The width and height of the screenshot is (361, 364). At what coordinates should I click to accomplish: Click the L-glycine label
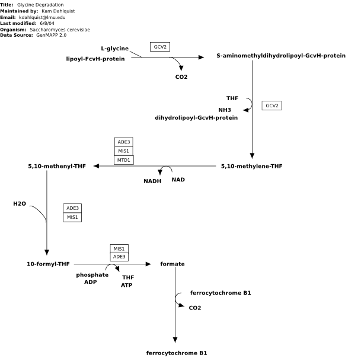point(114,49)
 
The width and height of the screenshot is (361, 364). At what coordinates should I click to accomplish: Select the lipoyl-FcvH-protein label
point(95,59)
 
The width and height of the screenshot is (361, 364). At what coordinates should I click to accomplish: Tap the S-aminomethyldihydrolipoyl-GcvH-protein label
point(281,56)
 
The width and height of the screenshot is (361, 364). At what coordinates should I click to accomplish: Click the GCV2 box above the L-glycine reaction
point(160,47)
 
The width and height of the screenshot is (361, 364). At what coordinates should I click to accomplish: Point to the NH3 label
point(225,110)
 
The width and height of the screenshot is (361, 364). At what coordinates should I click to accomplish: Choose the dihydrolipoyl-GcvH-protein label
point(196,118)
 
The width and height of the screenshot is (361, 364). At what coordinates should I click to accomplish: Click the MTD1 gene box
point(124,160)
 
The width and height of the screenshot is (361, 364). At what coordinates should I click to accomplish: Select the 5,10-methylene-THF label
point(252,166)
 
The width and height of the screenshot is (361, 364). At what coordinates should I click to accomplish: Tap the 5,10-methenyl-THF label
point(57,166)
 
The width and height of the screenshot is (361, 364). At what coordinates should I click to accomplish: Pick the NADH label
point(152,181)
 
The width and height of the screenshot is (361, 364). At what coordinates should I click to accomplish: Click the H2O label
point(20,204)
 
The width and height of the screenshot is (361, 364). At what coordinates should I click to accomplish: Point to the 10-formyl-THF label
point(48,264)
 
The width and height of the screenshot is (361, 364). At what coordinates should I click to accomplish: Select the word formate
point(172,264)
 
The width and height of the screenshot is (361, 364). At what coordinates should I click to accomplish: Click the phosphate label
point(92,275)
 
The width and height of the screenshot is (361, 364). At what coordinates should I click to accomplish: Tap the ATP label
point(126,285)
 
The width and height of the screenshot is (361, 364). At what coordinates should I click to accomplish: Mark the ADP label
point(91,282)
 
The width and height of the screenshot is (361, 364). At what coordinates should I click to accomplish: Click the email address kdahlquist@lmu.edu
point(42,17)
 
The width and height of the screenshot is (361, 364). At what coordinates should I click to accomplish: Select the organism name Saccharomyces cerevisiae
point(60,30)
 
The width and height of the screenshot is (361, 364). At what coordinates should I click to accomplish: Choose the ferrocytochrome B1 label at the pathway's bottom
point(177,353)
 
